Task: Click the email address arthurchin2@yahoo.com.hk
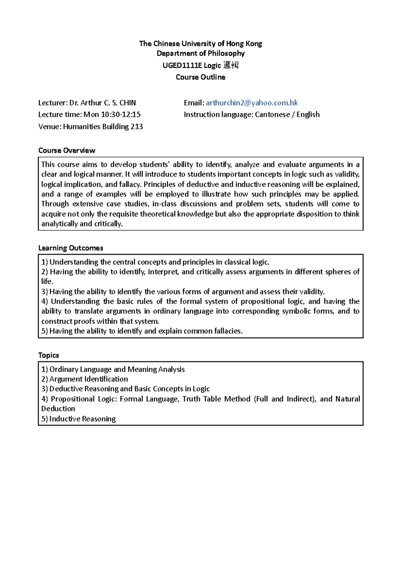click(x=252, y=103)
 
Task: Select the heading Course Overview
click(x=66, y=150)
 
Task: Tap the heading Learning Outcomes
click(x=71, y=248)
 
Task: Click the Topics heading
click(x=48, y=355)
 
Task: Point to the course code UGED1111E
click(x=182, y=65)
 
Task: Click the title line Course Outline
click(x=200, y=77)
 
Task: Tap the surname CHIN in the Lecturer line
click(x=128, y=103)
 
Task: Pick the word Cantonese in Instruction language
click(x=272, y=115)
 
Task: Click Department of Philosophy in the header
click(x=200, y=53)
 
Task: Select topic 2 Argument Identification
click(x=89, y=379)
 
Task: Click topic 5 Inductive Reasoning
click(x=83, y=419)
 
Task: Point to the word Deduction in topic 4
click(x=58, y=409)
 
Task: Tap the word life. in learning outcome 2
click(x=47, y=281)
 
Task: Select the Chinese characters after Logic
click(x=231, y=65)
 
